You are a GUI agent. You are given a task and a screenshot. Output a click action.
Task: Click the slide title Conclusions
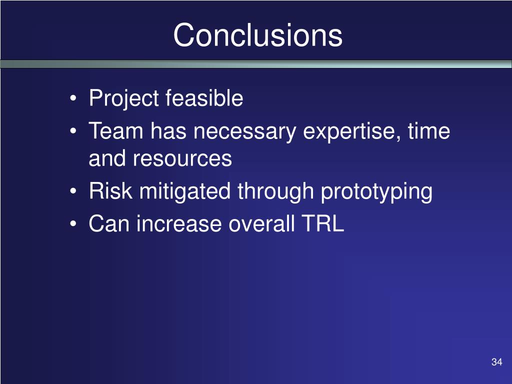258,35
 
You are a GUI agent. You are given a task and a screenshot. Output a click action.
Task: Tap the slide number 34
496,362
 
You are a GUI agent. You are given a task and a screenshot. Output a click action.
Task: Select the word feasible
204,97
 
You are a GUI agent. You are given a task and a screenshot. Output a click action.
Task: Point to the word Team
116,131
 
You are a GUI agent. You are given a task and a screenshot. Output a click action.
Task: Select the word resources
182,158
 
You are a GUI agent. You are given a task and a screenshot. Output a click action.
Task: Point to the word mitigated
185,192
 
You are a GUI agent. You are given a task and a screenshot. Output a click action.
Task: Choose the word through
275,192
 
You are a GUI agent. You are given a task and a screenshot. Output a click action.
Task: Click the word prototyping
377,192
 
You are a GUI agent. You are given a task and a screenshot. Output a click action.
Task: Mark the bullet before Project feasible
73,98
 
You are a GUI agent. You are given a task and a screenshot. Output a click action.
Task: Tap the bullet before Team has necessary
73,131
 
